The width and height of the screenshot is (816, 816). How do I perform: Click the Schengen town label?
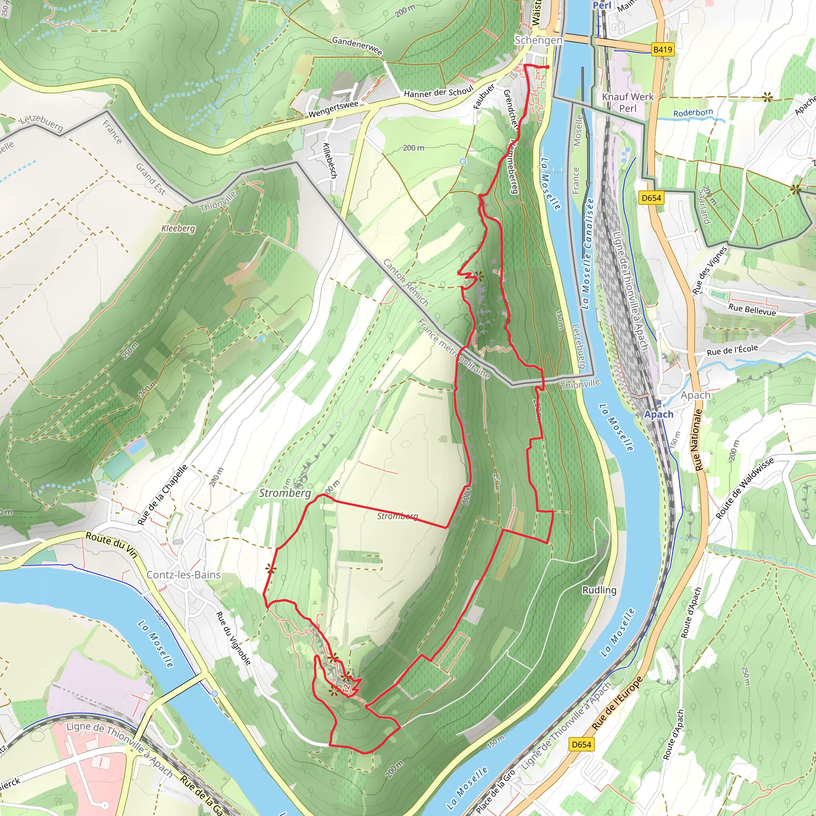[x=539, y=40]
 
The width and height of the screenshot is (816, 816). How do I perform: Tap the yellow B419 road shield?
[x=662, y=49]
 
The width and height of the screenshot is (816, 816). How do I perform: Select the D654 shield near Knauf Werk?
[x=651, y=198]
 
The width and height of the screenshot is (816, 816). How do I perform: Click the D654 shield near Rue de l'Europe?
[x=581, y=744]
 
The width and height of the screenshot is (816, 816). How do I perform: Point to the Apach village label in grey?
[x=695, y=395]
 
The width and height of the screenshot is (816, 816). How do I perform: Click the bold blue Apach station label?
[x=659, y=414]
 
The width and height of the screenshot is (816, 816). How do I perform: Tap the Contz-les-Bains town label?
[x=183, y=575]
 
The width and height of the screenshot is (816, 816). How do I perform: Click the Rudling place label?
[x=599, y=590]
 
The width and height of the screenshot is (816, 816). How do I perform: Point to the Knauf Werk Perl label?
[x=628, y=102]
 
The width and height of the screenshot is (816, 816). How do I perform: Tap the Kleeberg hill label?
[x=178, y=228]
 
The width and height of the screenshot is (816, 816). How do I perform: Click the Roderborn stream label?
[x=692, y=113]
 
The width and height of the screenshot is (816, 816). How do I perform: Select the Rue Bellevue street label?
[x=752, y=310]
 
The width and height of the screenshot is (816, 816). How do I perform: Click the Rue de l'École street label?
[x=732, y=350]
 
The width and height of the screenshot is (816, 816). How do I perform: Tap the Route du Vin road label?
[x=112, y=545]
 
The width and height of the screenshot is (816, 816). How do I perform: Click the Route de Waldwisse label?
[x=745, y=488]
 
